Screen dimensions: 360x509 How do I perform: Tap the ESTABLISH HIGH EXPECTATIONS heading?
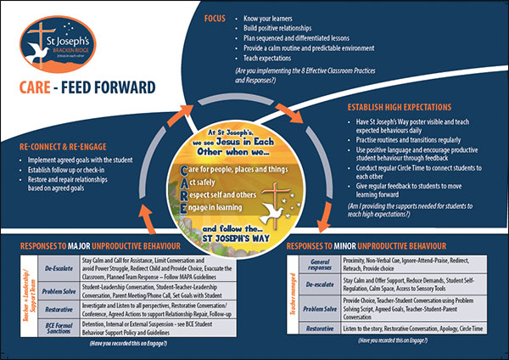(x=406, y=109)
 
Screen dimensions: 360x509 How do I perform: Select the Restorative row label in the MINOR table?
(x=325, y=327)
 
